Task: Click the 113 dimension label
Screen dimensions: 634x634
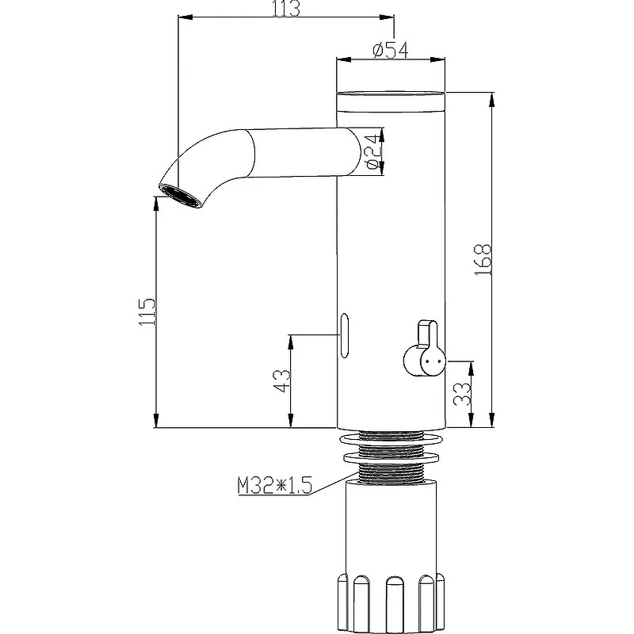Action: pos(286,8)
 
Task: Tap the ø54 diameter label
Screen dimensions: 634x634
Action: pos(390,50)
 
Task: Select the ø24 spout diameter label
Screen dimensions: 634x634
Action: pos(372,152)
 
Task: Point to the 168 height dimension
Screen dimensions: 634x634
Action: pos(483,260)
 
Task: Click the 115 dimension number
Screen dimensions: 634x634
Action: pos(147,311)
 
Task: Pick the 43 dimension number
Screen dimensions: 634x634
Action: pos(282,381)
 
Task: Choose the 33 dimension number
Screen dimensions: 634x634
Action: pos(462,394)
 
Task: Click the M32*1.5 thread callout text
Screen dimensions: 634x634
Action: pos(274,486)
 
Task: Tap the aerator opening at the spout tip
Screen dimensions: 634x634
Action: pos(180,196)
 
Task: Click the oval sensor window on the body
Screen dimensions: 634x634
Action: pos(344,335)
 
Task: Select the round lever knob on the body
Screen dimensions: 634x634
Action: pos(425,361)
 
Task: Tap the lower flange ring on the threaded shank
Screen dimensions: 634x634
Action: pos(391,458)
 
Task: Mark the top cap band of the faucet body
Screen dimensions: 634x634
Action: pos(391,101)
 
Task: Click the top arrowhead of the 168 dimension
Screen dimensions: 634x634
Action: pos(491,100)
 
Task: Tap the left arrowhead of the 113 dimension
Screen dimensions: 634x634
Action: pos(185,17)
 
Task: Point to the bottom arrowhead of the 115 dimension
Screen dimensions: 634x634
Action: pos(156,421)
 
